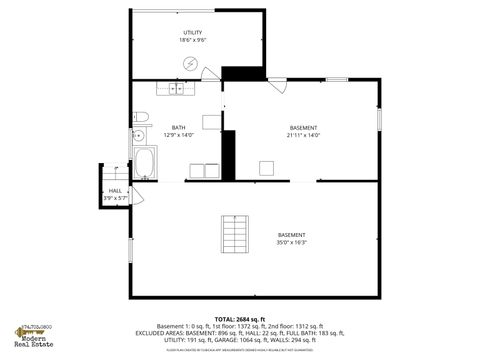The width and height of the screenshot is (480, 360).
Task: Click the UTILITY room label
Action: (191, 33)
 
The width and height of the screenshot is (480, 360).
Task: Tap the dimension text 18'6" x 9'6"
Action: (191, 41)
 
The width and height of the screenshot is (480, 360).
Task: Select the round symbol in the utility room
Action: (191, 64)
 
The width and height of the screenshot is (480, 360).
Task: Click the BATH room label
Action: (178, 127)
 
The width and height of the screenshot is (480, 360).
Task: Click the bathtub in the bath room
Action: (144, 161)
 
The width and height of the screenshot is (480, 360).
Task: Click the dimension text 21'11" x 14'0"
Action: (303, 135)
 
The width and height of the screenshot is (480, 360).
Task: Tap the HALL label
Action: (115, 190)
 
